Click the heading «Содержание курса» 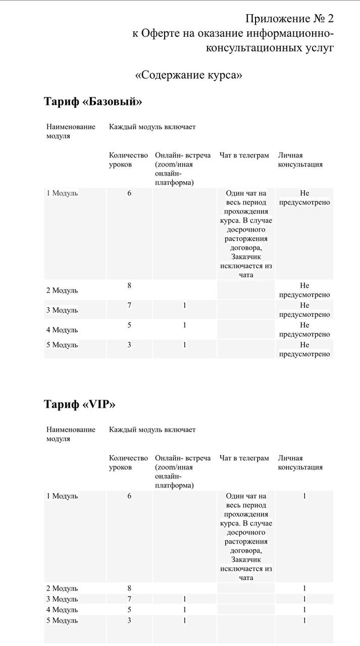coord(188,75)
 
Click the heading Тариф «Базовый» coord(93,101)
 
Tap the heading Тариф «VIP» coord(79,404)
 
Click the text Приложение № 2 coord(289,19)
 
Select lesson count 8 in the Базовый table coord(129,286)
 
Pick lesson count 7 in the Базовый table coord(129,305)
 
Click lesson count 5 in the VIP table coord(129,610)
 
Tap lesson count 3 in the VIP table coord(129,620)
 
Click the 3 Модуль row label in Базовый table coord(62,310)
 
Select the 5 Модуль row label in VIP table coord(62,620)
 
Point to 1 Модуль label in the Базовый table coord(62,193)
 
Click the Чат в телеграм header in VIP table coord(244,458)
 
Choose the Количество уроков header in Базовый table coord(128,159)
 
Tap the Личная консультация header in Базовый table coord(300,159)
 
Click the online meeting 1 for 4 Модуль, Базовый coord(185,325)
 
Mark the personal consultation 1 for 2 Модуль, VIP coord(304,588)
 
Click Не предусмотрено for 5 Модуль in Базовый coord(304,349)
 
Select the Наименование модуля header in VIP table coord(71,434)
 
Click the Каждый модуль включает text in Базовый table coord(152,127)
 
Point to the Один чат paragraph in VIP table coord(246,536)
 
